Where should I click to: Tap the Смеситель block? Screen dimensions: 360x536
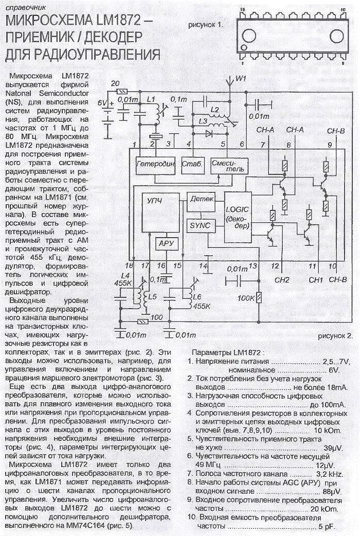[x=229, y=166]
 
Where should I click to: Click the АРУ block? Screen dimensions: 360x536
[x=166, y=243]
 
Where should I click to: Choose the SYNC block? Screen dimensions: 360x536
[x=201, y=226]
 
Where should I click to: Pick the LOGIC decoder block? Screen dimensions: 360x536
[x=238, y=217]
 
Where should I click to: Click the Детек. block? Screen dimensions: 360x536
[x=201, y=201]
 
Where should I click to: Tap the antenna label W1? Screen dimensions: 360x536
[x=241, y=79]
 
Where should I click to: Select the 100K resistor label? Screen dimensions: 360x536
[x=246, y=298]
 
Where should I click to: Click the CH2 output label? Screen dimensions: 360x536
[x=282, y=280]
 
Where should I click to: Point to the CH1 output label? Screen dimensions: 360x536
[x=316, y=280]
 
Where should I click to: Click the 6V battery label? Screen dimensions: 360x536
[x=102, y=102]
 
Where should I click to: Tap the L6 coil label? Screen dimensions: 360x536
[x=197, y=297]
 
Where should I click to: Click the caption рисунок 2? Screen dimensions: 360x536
[x=335, y=336]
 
